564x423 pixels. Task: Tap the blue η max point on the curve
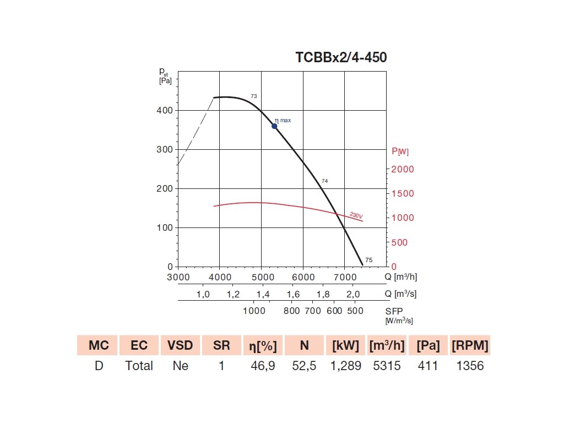274,126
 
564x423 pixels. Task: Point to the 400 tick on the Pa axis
166,111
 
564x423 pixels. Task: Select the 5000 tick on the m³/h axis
261,277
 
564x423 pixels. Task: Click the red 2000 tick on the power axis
402,169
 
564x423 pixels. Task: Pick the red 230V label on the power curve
356,215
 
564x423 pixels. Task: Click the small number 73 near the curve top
254,96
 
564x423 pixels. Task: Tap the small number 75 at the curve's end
369,260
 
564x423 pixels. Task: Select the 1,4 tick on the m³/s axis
263,294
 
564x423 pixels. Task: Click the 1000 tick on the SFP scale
254,311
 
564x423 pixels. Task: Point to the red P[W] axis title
400,151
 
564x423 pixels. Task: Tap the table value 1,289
346,366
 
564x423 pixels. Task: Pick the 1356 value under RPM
470,366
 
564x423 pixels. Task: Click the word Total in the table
139,366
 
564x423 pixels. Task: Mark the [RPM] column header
470,346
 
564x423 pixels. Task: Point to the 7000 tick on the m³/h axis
344,277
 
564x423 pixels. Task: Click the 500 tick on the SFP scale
356,311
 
